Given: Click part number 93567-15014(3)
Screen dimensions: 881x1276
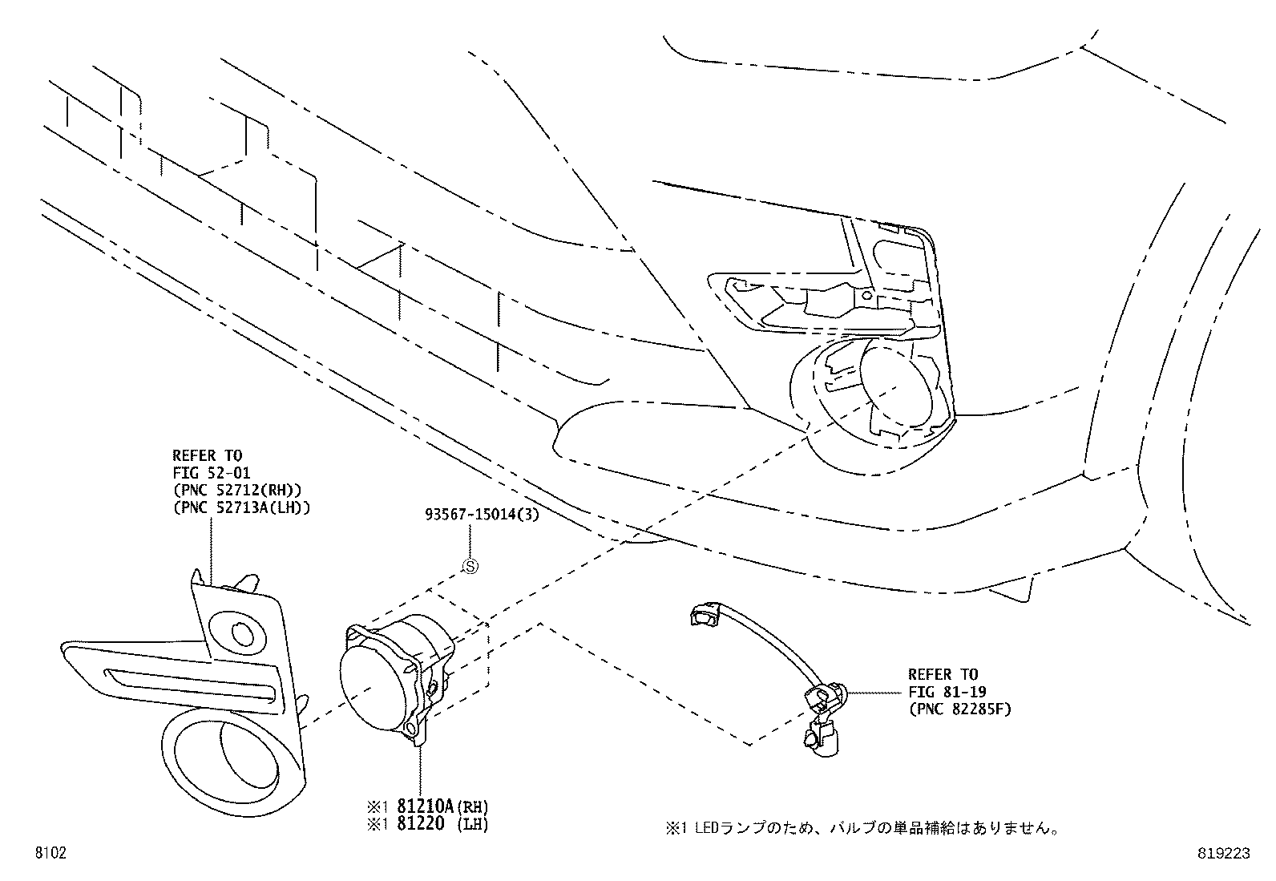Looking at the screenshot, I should tap(481, 515).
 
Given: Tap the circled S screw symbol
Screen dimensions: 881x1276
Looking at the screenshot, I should tap(470, 566).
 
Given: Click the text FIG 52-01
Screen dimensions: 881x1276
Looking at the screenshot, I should tap(211, 474).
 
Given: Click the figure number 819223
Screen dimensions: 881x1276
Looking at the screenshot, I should tap(1223, 855).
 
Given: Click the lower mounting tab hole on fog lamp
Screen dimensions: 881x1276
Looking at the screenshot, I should tap(411, 728).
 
